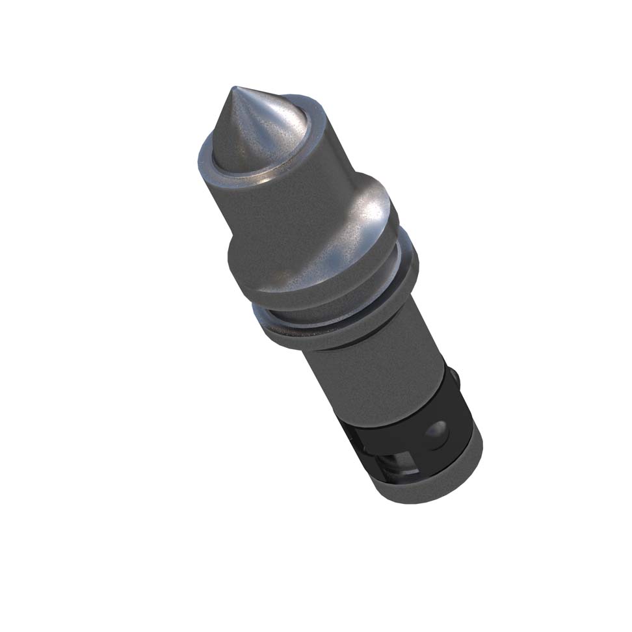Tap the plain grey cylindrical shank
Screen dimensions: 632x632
tap(371, 371)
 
